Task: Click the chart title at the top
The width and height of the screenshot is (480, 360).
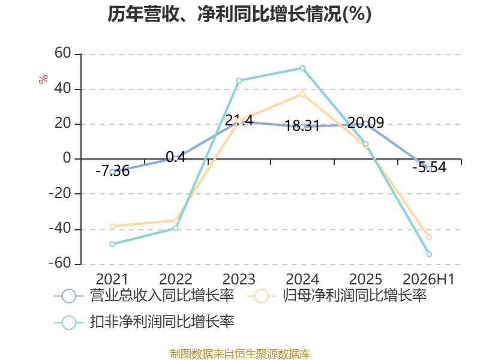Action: coord(239,14)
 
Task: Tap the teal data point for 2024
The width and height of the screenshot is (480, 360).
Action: coord(302,68)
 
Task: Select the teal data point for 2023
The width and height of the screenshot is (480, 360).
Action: coord(239,80)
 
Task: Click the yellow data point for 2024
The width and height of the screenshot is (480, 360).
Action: coord(302,94)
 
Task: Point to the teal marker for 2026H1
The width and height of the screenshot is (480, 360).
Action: coord(429,254)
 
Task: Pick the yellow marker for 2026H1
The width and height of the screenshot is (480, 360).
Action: coord(429,237)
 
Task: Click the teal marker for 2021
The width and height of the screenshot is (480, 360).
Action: coord(112,244)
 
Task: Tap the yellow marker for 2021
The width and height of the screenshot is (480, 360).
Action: coord(112,226)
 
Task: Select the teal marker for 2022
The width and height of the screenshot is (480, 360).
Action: coord(176,228)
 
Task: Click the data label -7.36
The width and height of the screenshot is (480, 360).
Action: coord(112,171)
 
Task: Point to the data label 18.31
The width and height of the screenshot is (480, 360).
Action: coord(302,125)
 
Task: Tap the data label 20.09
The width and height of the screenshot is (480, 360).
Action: coord(365,123)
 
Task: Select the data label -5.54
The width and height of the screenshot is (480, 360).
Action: coord(429,167)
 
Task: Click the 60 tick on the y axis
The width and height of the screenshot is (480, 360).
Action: coord(63,53)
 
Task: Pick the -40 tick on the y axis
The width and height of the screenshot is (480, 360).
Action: coord(60,229)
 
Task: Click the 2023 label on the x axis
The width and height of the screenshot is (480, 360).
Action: coord(239,279)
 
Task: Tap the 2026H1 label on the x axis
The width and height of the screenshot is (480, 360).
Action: coord(428,279)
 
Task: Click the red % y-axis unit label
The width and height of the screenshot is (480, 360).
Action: coord(43,79)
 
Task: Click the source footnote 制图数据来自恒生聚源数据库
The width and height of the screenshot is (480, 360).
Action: coord(239,354)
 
